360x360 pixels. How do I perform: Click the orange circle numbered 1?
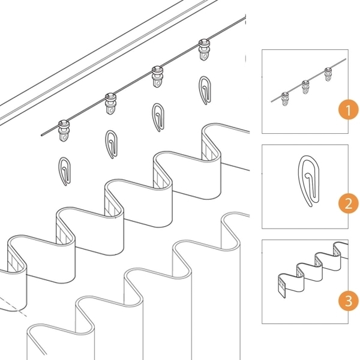tap(349, 110)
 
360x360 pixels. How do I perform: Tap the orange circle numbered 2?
tap(349, 203)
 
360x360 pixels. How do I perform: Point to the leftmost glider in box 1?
tap(285, 99)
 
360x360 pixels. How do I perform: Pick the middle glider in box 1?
tap(305, 87)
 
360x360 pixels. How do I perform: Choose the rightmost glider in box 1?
tap(328, 74)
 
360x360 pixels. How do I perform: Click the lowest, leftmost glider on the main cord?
tap(64, 131)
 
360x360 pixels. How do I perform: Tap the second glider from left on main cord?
tap(111, 104)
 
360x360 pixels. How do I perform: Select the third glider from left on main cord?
tap(157, 76)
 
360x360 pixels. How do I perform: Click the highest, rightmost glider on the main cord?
tap(204, 50)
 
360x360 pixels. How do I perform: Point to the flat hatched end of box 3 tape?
tap(282, 286)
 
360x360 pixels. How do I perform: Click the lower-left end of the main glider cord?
tap(42, 135)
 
